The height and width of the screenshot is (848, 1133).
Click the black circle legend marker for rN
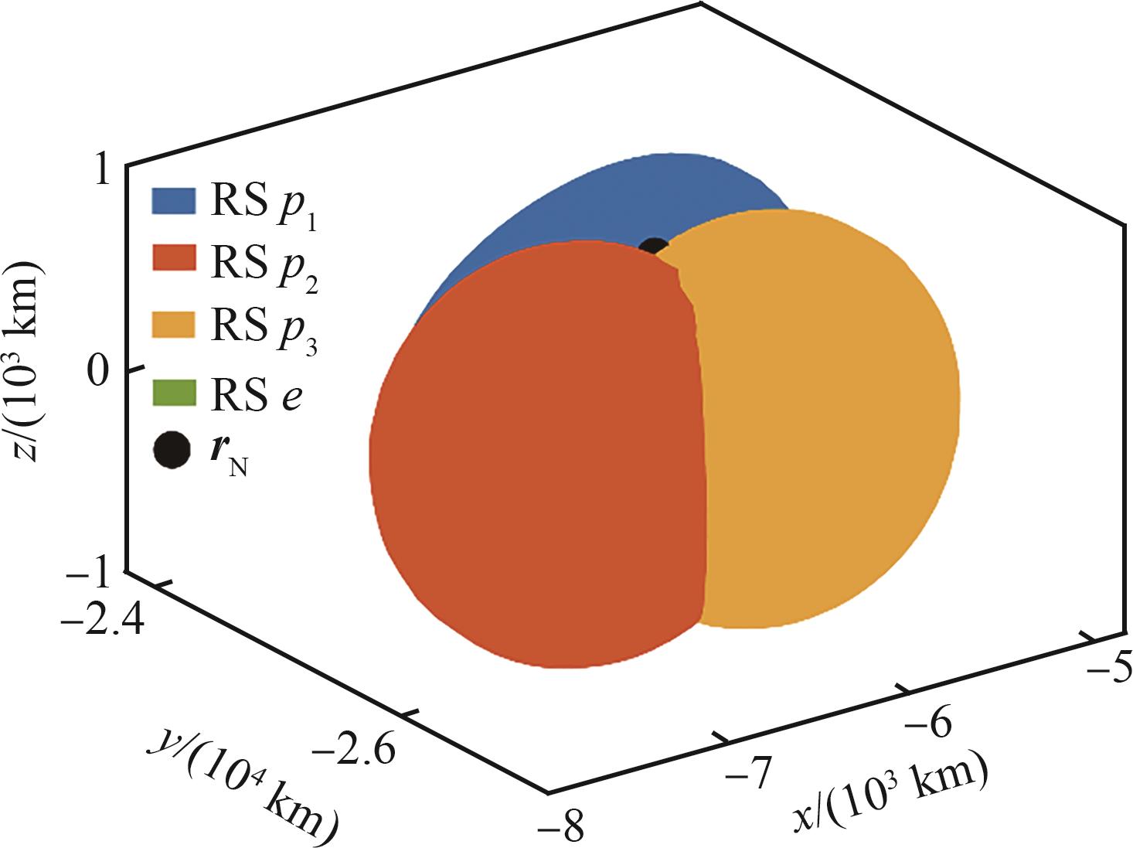click(x=171, y=451)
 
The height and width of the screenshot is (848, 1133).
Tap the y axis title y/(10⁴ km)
click(x=247, y=781)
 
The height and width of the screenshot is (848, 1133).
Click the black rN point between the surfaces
click(x=653, y=247)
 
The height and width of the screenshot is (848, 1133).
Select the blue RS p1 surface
click(x=603, y=201)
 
